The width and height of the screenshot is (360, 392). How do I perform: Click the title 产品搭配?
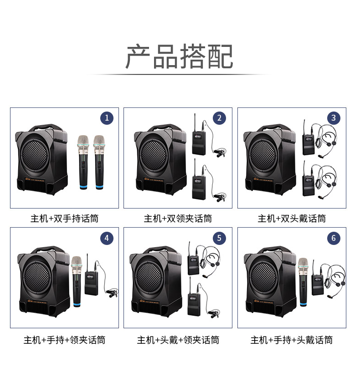180,56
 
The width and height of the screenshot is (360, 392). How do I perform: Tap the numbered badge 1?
107,118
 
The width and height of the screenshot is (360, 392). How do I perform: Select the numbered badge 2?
219,118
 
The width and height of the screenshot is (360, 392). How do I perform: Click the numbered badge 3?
334,118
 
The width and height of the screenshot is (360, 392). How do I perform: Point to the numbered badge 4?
107,238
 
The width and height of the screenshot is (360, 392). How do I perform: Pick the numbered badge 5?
219,238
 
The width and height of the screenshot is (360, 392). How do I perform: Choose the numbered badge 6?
334,238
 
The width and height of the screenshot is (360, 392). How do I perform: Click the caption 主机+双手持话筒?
65,219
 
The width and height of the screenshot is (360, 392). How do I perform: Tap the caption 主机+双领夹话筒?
178,219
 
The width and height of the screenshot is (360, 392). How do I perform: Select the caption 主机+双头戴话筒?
292,219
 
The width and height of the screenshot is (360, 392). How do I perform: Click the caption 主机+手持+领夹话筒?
65,340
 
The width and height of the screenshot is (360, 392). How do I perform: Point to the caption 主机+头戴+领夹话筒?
178,340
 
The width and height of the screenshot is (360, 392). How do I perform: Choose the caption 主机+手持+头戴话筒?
292,340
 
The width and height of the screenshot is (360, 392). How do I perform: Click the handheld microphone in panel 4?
77,282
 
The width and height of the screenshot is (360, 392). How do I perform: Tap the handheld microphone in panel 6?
303,282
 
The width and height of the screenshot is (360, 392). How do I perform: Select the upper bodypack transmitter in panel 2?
199,143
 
